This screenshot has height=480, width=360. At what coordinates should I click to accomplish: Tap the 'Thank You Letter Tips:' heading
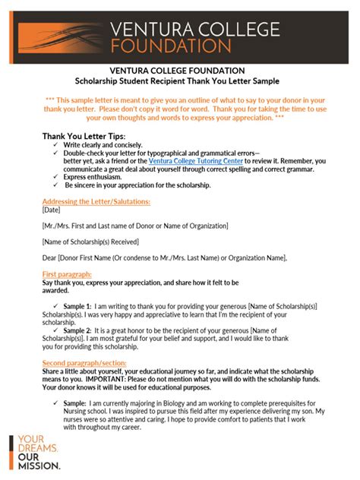point(84,136)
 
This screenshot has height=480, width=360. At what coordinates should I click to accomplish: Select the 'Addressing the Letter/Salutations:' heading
point(96,201)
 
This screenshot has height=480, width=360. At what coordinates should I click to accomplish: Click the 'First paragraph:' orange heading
point(67,273)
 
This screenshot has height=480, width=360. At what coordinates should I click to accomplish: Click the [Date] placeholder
point(52,210)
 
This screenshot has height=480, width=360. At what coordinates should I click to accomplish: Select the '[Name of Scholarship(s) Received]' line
point(90,242)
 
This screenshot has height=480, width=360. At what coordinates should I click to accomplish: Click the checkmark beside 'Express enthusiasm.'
point(57,177)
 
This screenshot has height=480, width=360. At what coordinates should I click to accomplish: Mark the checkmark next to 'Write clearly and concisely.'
point(57,144)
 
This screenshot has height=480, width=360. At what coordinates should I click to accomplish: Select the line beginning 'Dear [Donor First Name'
point(165,257)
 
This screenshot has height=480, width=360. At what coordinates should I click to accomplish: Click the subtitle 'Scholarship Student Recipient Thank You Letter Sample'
point(179,81)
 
